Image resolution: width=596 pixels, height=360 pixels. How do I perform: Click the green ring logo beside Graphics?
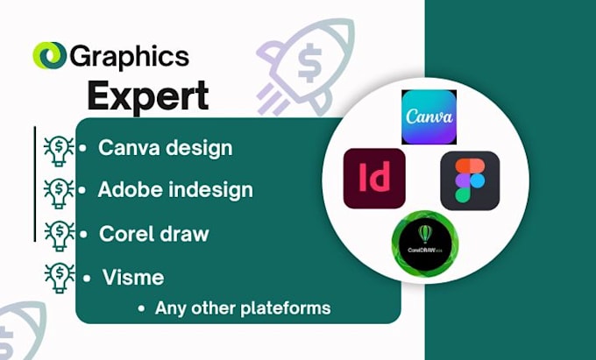tap(48, 56)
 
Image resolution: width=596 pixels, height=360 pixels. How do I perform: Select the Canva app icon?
tap(429, 116)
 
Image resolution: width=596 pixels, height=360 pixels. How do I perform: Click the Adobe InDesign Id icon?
tap(374, 178)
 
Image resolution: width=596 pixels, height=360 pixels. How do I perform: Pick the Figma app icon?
tap(470, 180)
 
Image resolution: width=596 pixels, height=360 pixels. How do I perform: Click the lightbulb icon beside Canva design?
tap(59, 150)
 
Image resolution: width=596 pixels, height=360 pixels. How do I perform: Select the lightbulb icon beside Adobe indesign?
tap(59, 191)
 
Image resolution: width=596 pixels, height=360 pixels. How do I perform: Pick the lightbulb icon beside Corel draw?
tap(59, 235)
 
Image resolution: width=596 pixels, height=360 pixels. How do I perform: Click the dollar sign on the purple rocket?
tap(309, 60)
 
